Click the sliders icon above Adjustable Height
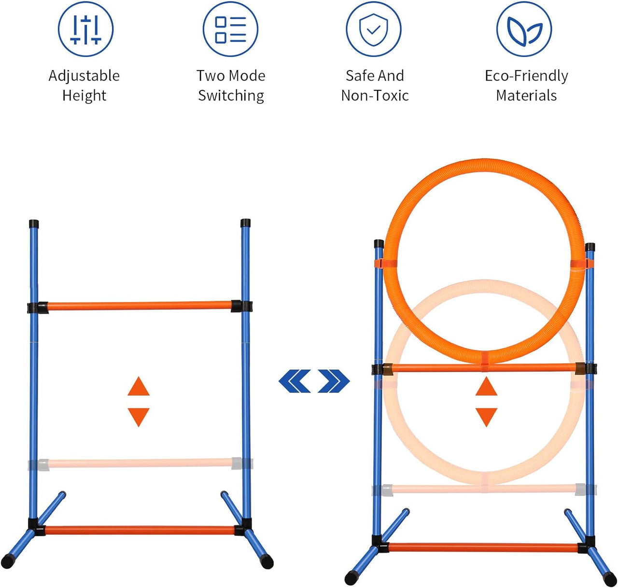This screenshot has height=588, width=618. point(85,29)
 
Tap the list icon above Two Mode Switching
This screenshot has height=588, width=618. point(230,29)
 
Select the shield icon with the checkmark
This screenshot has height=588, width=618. point(374,29)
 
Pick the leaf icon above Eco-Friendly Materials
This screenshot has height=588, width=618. point(524,29)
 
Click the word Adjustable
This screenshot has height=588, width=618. point(84,76)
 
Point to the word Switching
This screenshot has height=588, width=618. point(231,96)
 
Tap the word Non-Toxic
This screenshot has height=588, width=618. point(375,95)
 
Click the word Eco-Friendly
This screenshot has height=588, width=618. point(527,76)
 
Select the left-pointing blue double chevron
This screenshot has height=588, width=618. point(295,381)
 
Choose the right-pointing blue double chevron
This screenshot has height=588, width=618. point(334,381)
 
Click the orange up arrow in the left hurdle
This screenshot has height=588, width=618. point(139,386)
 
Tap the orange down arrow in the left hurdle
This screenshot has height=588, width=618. point(139,417)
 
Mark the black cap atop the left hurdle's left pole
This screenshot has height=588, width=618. point(34,224)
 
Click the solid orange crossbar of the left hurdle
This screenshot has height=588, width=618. point(139,306)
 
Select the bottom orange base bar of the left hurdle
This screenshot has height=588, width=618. point(140,530)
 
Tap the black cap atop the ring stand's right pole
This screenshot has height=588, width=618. point(590,247)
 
